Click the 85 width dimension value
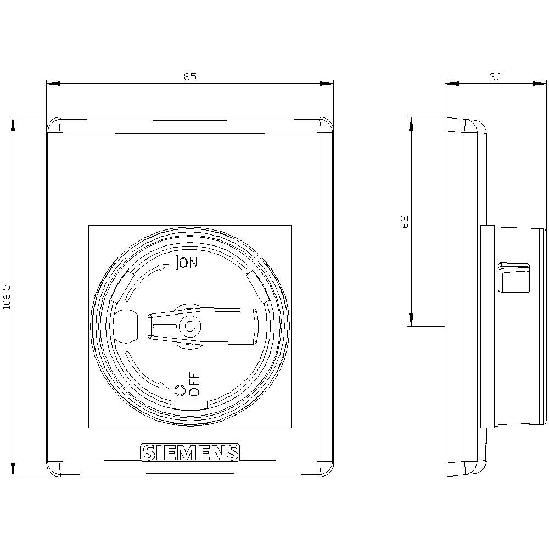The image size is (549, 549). [189, 76]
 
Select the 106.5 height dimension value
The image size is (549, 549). [7, 297]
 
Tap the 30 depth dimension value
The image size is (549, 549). [495, 76]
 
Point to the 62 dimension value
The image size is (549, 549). [405, 221]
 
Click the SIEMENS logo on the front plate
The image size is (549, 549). [190, 452]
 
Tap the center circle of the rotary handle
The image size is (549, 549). [190, 327]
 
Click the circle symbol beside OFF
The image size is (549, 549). [180, 391]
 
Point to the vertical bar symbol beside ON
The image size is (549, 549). [176, 264]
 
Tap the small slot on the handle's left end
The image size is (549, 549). [164, 327]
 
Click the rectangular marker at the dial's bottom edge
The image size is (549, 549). [190, 405]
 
